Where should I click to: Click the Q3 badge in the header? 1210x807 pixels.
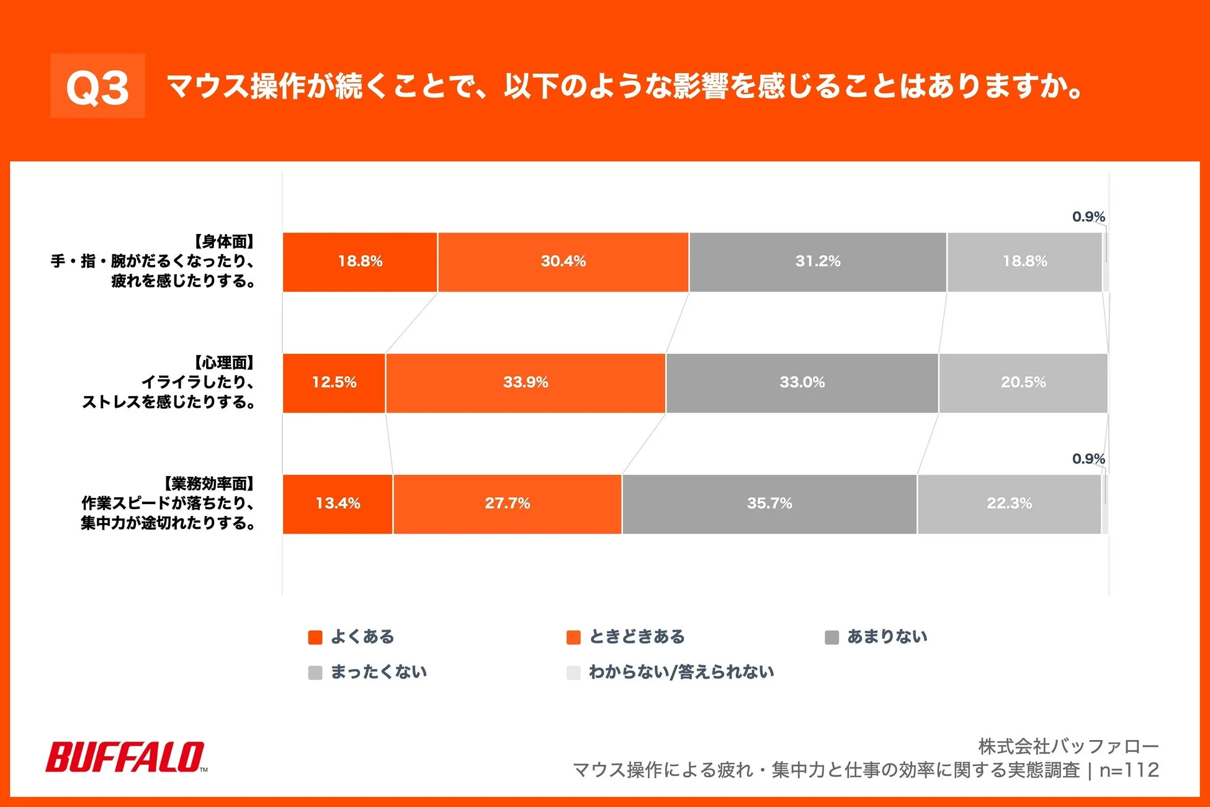[97, 86]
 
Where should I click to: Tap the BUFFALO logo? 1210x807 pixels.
[126, 757]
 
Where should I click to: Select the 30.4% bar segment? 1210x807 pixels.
[563, 262]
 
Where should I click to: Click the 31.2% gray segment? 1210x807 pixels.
[817, 262]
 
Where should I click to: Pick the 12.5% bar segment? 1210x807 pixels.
[334, 383]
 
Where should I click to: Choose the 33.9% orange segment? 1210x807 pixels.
[525, 383]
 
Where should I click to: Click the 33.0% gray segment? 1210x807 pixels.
[802, 383]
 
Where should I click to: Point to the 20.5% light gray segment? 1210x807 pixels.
[1023, 383]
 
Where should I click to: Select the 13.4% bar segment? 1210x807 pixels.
[338, 504]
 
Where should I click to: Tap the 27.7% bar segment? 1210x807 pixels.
[507, 504]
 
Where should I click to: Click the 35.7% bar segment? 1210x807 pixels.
[769, 504]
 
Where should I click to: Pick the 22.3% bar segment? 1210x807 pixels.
[1009, 504]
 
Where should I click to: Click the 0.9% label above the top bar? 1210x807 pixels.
[1088, 217]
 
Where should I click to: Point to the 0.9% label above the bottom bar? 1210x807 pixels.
[1088, 459]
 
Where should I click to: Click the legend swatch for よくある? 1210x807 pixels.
[315, 638]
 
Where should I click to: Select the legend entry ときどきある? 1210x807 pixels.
[636, 637]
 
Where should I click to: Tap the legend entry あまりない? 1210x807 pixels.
[887, 637]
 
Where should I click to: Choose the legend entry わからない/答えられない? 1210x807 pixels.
[681, 672]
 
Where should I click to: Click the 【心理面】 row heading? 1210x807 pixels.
[223, 363]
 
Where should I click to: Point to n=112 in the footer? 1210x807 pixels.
[1129, 770]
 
